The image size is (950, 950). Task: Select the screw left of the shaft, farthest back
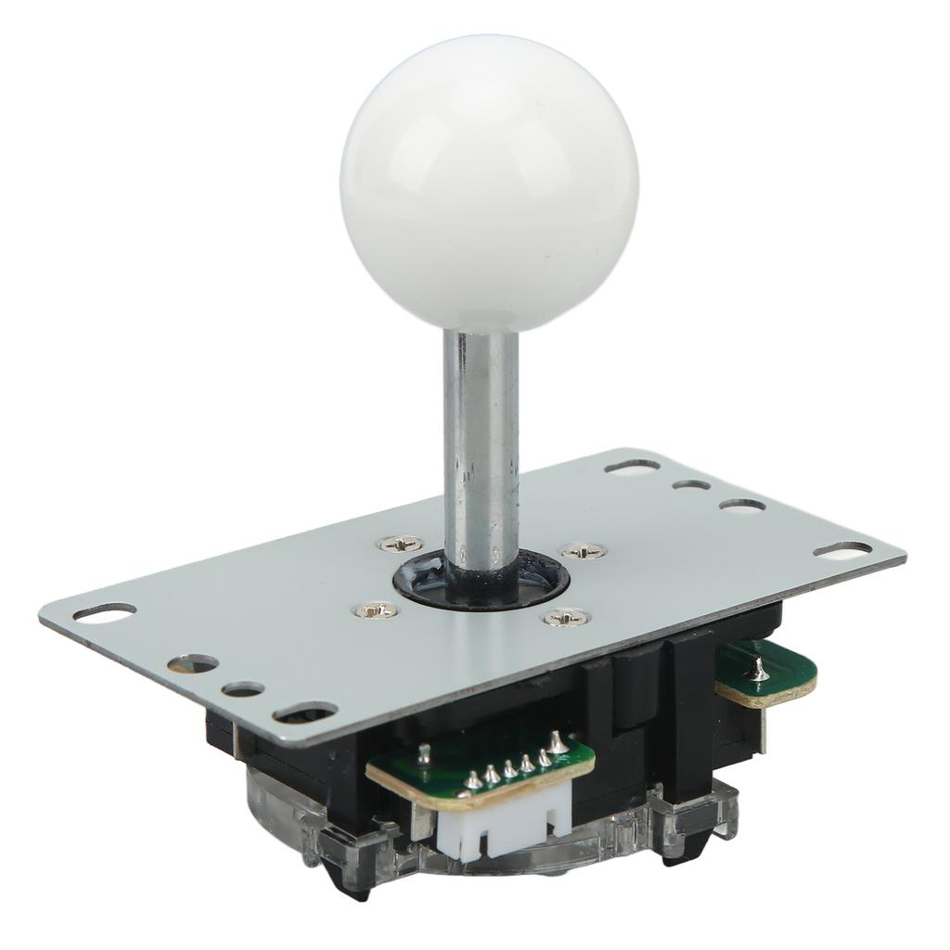click(x=401, y=544)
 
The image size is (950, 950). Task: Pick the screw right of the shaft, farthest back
click(x=584, y=550)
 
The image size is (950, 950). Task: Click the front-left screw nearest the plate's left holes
click(x=376, y=610)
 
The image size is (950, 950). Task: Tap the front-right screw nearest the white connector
click(x=566, y=616)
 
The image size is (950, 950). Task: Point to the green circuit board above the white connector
click(x=482, y=761)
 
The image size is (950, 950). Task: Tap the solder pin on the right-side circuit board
click(x=758, y=667)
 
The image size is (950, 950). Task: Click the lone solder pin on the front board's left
click(x=424, y=753)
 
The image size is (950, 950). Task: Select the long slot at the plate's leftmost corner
click(x=104, y=612)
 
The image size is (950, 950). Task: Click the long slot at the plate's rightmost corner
click(x=842, y=550)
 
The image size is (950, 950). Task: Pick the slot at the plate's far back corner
click(x=632, y=466)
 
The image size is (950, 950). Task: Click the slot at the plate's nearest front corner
click(x=304, y=712)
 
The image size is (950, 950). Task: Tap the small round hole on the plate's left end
click(x=243, y=689)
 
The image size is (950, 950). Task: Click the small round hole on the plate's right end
click(x=691, y=484)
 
